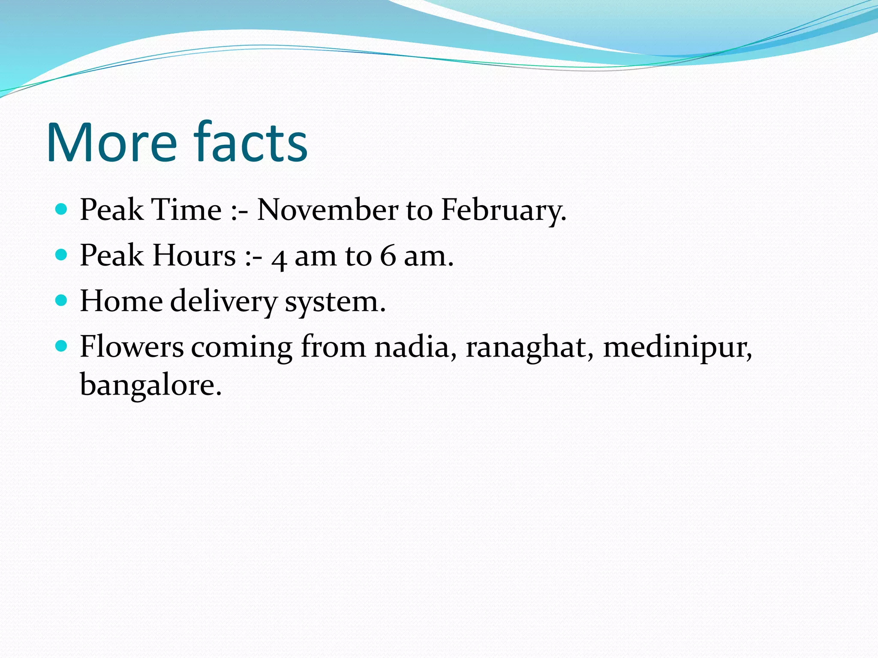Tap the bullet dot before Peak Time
point(62,209)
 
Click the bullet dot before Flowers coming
point(62,346)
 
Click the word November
point(328,210)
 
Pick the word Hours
point(194,256)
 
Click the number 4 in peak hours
point(279,258)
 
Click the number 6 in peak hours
point(388,256)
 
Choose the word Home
point(121,301)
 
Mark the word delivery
point(224,302)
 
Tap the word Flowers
point(132,347)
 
